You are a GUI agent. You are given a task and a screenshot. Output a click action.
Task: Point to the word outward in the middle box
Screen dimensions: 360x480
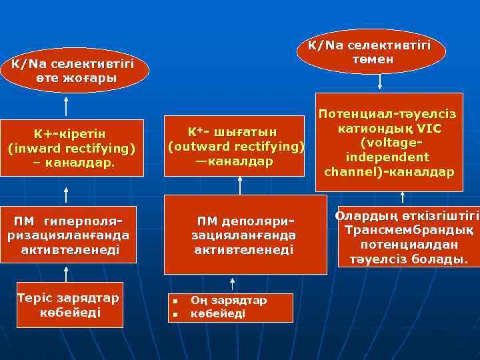pos(204,146)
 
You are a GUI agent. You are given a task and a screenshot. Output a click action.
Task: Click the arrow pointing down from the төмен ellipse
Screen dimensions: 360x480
pos(380,81)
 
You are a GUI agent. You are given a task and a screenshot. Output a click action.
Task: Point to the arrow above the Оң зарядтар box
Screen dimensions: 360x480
pos(231,283)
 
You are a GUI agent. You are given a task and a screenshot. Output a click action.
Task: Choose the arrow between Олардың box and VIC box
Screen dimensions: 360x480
pos(403,197)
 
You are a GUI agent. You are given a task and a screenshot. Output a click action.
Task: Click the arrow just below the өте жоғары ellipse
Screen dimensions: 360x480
pos(66,105)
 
